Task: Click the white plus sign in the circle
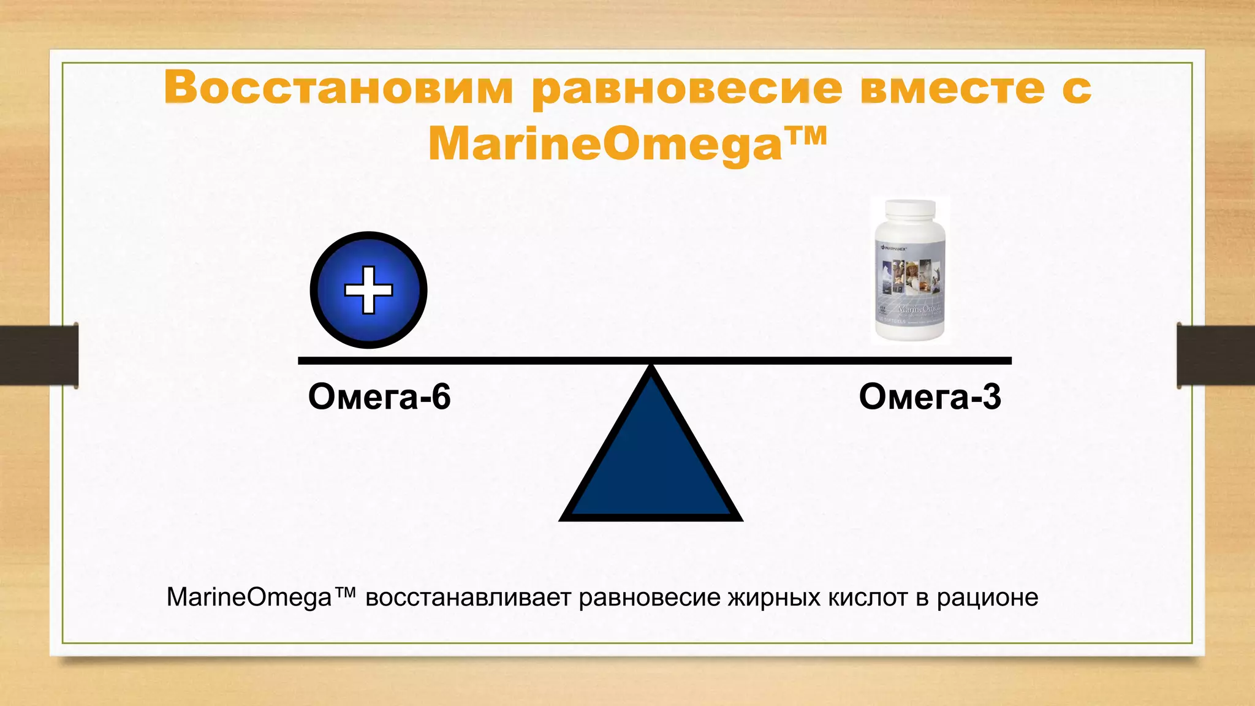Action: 368,290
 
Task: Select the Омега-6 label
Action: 379,397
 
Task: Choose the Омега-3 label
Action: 930,397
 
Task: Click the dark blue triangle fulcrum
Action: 651,466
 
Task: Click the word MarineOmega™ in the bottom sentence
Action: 260,597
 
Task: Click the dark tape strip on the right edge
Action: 1215,355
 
